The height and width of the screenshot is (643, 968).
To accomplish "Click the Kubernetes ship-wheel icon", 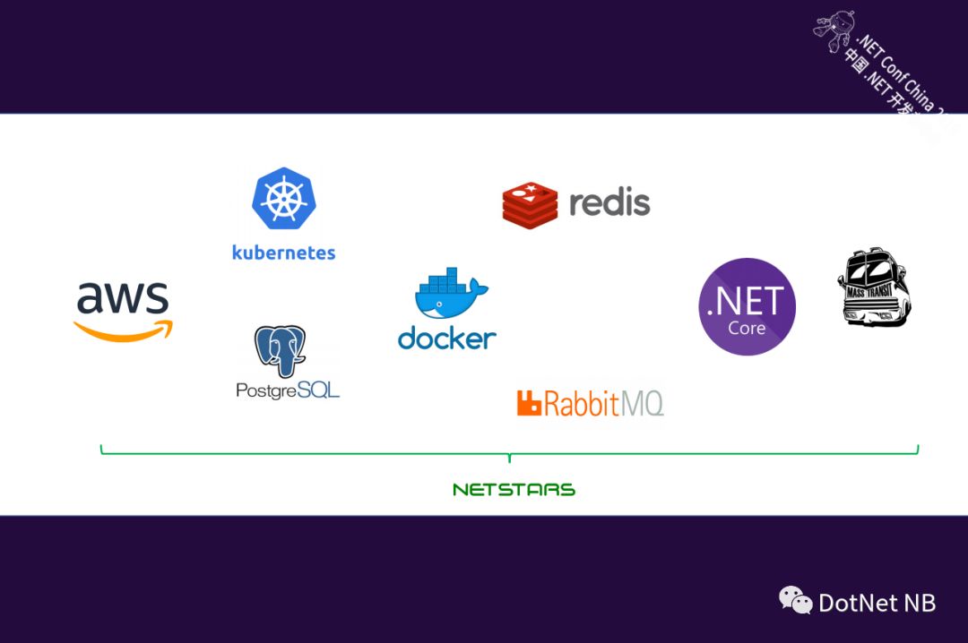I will pyautogui.click(x=283, y=198).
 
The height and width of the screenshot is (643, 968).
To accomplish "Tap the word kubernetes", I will pyautogui.click(x=283, y=252).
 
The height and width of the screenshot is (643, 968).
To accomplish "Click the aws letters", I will pyautogui.click(x=122, y=298).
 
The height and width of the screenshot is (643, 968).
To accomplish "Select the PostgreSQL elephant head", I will pyautogui.click(x=280, y=350).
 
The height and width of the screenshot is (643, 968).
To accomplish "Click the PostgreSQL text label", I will pyautogui.click(x=288, y=390).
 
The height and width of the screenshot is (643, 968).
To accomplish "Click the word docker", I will pyautogui.click(x=446, y=338).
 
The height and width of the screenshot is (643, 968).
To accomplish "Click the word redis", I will pyautogui.click(x=609, y=202).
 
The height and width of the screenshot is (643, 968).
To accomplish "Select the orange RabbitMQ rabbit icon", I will pyautogui.click(x=529, y=404).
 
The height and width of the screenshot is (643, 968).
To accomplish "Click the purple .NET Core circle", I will pyautogui.click(x=747, y=306).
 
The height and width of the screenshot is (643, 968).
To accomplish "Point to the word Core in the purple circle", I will pyautogui.click(x=747, y=328).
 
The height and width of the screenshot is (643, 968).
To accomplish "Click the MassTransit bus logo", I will pyautogui.click(x=875, y=288).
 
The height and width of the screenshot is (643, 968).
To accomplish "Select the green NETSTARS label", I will pyautogui.click(x=514, y=490).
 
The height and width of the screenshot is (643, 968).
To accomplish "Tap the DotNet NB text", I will pyautogui.click(x=877, y=603).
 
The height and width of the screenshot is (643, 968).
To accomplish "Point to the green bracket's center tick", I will pyautogui.click(x=509, y=458).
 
